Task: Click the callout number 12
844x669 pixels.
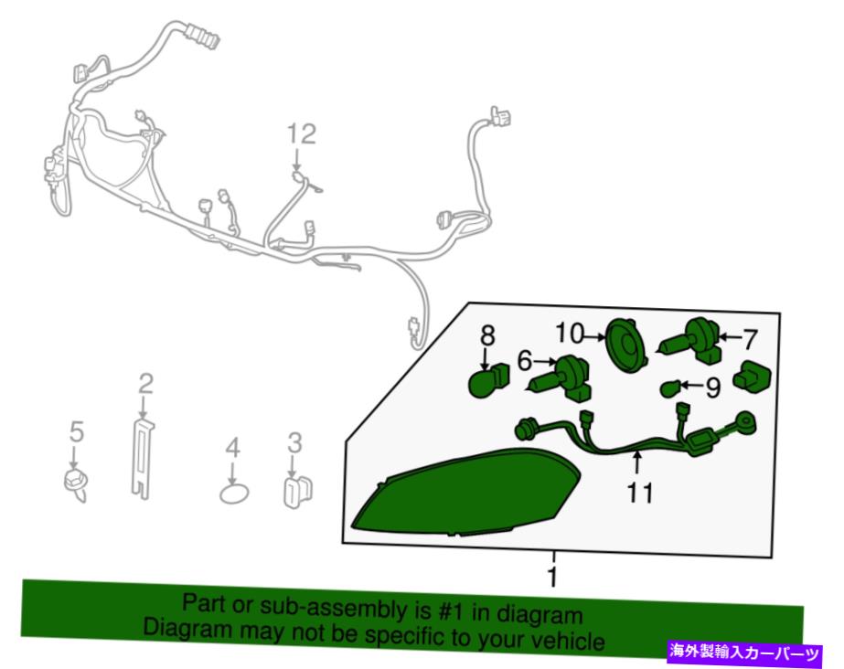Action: pyautogui.click(x=301, y=134)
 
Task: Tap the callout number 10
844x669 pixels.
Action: pyautogui.click(x=570, y=334)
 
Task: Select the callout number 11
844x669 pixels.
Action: pyautogui.click(x=640, y=493)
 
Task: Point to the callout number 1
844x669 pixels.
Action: pyautogui.click(x=552, y=576)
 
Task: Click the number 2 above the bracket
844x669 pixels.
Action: pyautogui.click(x=145, y=384)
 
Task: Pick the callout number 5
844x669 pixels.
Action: pyautogui.click(x=77, y=432)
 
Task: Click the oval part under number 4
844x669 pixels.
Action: pyautogui.click(x=234, y=494)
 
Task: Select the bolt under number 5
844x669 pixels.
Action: pyautogui.click(x=75, y=485)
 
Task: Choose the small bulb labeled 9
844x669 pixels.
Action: pyautogui.click(x=669, y=388)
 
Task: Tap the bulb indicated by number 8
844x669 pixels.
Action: pyautogui.click(x=488, y=380)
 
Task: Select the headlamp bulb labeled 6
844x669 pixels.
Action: pyautogui.click(x=561, y=378)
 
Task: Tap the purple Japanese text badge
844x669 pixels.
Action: pyautogui.click(x=745, y=653)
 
